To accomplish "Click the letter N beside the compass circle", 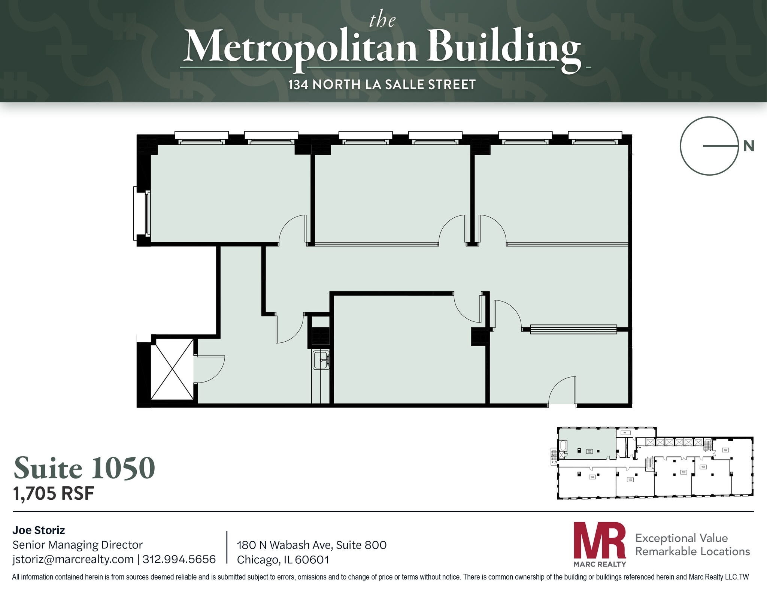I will tap(748, 146).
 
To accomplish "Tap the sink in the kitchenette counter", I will tap(321, 360).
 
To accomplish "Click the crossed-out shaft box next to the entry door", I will tap(172, 369).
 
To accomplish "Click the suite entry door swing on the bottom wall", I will tap(562, 391).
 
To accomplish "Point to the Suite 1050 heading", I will tap(84, 468).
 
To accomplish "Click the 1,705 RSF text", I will tap(54, 494).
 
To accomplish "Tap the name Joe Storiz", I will tap(39, 530).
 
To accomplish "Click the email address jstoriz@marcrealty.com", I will tap(73, 559).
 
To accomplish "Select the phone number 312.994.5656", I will tap(179, 559).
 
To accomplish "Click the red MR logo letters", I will tap(600, 540).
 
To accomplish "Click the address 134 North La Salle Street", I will tap(382, 85).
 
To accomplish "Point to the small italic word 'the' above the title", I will tap(382, 21).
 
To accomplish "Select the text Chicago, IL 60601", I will tap(283, 560).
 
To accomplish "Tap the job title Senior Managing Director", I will tap(78, 545).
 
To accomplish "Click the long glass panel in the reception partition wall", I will tap(573, 329).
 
